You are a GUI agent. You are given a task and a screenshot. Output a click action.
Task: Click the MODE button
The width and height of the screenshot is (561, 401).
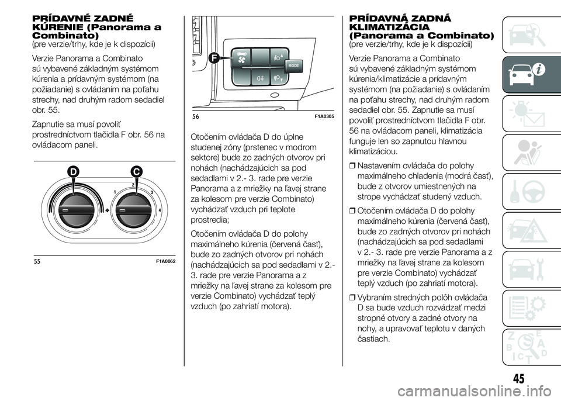tap(293, 66)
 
